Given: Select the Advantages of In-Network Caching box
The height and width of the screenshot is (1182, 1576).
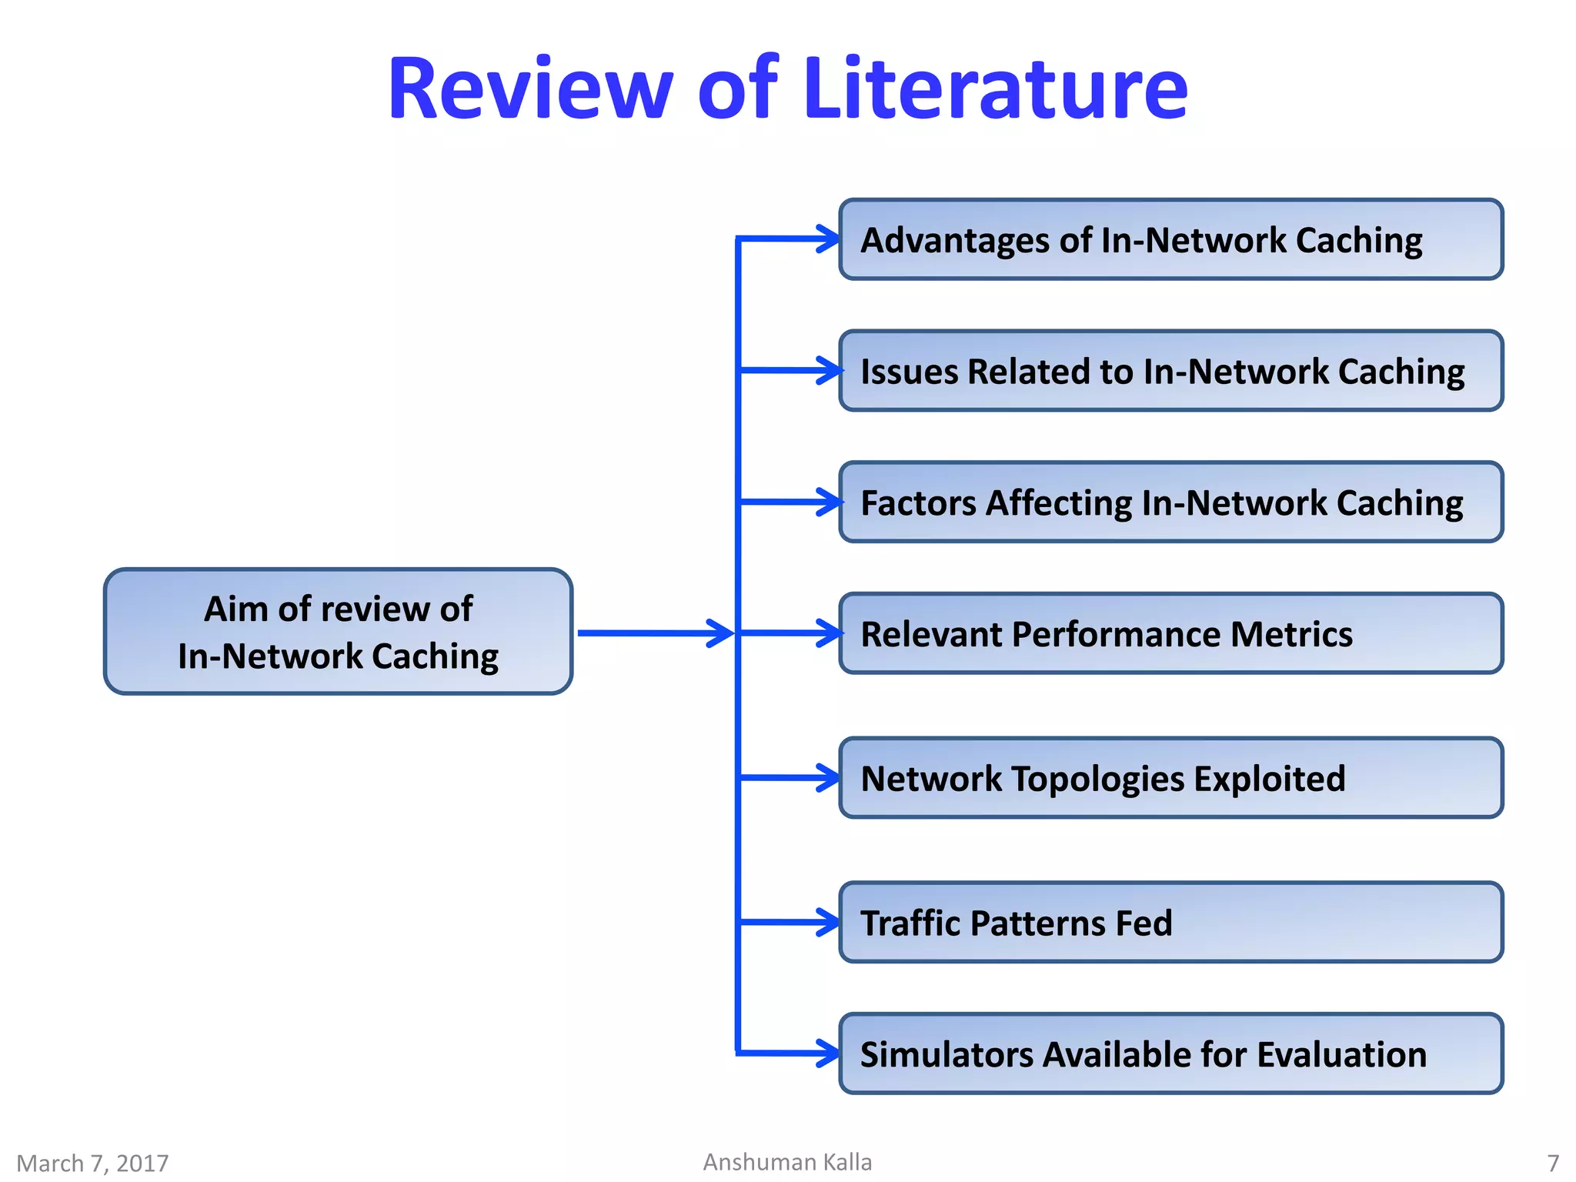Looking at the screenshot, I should (x=1170, y=239).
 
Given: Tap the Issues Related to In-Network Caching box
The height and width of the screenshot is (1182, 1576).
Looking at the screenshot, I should (x=1170, y=371).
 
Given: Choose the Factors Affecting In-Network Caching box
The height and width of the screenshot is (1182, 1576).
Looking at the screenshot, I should (x=1170, y=503).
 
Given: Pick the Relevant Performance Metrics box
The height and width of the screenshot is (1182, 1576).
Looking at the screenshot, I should (x=1170, y=633).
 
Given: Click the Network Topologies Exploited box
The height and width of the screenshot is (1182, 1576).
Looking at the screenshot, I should (x=1170, y=778).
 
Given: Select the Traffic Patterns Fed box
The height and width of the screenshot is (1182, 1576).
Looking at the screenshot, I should (x=1170, y=923).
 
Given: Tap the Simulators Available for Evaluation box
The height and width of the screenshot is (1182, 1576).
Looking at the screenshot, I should (x=1170, y=1053).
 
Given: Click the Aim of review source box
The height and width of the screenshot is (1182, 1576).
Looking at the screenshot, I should (x=338, y=632).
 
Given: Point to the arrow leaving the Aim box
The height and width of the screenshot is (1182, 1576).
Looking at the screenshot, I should (x=654, y=633).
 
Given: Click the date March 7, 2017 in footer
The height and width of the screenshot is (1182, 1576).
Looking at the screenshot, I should (x=92, y=1163).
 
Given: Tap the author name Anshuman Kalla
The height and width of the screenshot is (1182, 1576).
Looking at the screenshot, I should (x=787, y=1162).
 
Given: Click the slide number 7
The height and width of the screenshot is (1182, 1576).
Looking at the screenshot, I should (x=1553, y=1163).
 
